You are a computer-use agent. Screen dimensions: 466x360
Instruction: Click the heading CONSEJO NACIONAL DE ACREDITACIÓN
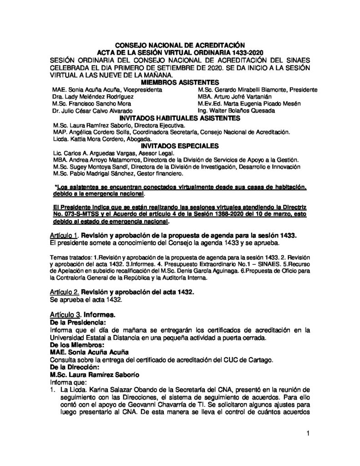[180, 46]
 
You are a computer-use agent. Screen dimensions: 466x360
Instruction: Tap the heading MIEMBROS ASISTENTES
[180, 82]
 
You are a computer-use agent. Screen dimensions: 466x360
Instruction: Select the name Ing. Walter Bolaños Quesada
[231, 111]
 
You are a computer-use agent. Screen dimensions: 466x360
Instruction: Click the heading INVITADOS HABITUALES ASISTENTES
[180, 118]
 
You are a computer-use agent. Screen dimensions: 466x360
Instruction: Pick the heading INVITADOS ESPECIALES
[180, 146]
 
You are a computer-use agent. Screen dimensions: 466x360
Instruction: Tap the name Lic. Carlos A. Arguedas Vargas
[86, 153]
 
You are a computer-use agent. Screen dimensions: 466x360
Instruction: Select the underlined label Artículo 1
[63, 235]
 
